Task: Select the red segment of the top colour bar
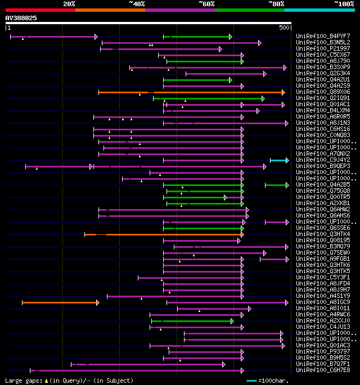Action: click(x=40, y=10)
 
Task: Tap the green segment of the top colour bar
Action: click(x=249, y=10)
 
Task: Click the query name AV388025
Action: click(x=21, y=18)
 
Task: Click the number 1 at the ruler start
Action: click(x=8, y=28)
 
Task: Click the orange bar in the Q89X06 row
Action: click(x=191, y=92)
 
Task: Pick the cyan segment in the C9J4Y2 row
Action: click(x=279, y=160)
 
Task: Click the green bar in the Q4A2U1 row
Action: click(x=197, y=80)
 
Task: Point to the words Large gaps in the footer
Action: click(x=23, y=381)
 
